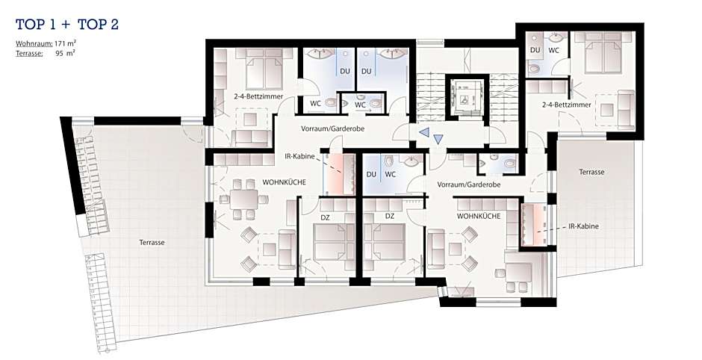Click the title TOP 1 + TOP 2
[67, 24]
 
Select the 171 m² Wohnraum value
[64, 44]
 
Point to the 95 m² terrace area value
[65, 53]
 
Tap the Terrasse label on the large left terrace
[152, 242]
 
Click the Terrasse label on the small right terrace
[591, 172]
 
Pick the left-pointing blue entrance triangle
[423, 132]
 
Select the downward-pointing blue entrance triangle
[438, 140]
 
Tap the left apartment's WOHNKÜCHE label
[284, 182]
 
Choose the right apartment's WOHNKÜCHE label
[479, 216]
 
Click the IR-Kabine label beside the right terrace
[583, 226]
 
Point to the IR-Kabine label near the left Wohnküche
[299, 157]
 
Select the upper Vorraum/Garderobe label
[332, 128]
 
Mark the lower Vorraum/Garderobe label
[469, 184]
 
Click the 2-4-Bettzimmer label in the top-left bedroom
[258, 96]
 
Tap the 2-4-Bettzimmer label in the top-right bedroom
[566, 105]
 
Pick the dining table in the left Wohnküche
[244, 199]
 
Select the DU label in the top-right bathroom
[535, 50]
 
